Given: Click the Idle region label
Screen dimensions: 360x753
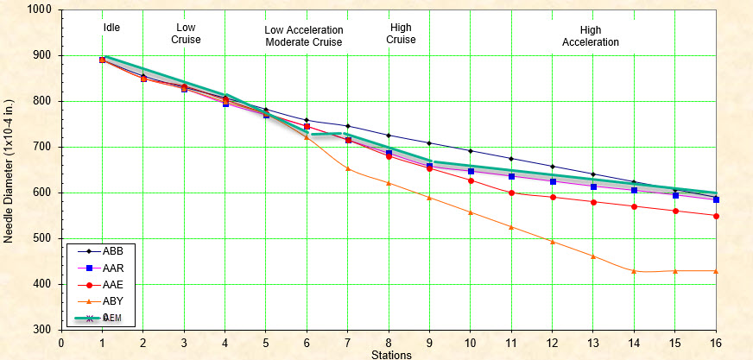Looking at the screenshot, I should point(111,28).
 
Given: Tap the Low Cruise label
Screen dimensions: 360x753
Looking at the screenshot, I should point(185,34).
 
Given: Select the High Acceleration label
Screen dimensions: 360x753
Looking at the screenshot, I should point(591,35).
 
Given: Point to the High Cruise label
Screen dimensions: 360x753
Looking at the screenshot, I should point(402,34).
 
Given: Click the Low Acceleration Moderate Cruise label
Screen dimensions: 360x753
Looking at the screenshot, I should point(303,35).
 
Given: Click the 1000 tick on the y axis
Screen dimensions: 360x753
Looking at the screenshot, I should point(40,9).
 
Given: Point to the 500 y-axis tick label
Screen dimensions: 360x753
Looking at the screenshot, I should point(43,238).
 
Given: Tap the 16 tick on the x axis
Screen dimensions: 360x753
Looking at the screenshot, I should point(716,341).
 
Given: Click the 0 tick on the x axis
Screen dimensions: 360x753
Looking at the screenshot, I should point(61,341).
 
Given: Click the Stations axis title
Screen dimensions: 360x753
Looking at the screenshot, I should point(391,354).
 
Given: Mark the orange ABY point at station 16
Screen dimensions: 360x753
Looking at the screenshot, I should point(716,271).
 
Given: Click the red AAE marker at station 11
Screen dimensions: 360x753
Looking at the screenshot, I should point(511,193).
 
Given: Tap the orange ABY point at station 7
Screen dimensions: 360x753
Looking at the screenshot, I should point(348,168).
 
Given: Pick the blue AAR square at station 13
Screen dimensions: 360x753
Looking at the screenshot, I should point(593,186).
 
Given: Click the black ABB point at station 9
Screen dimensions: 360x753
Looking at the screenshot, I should point(429,143).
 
